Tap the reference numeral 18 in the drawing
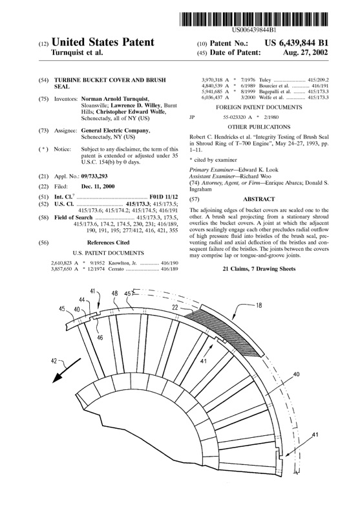click(x=259, y=286)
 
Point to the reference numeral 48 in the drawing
click(x=114, y=293)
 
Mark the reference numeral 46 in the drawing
click(x=100, y=337)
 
